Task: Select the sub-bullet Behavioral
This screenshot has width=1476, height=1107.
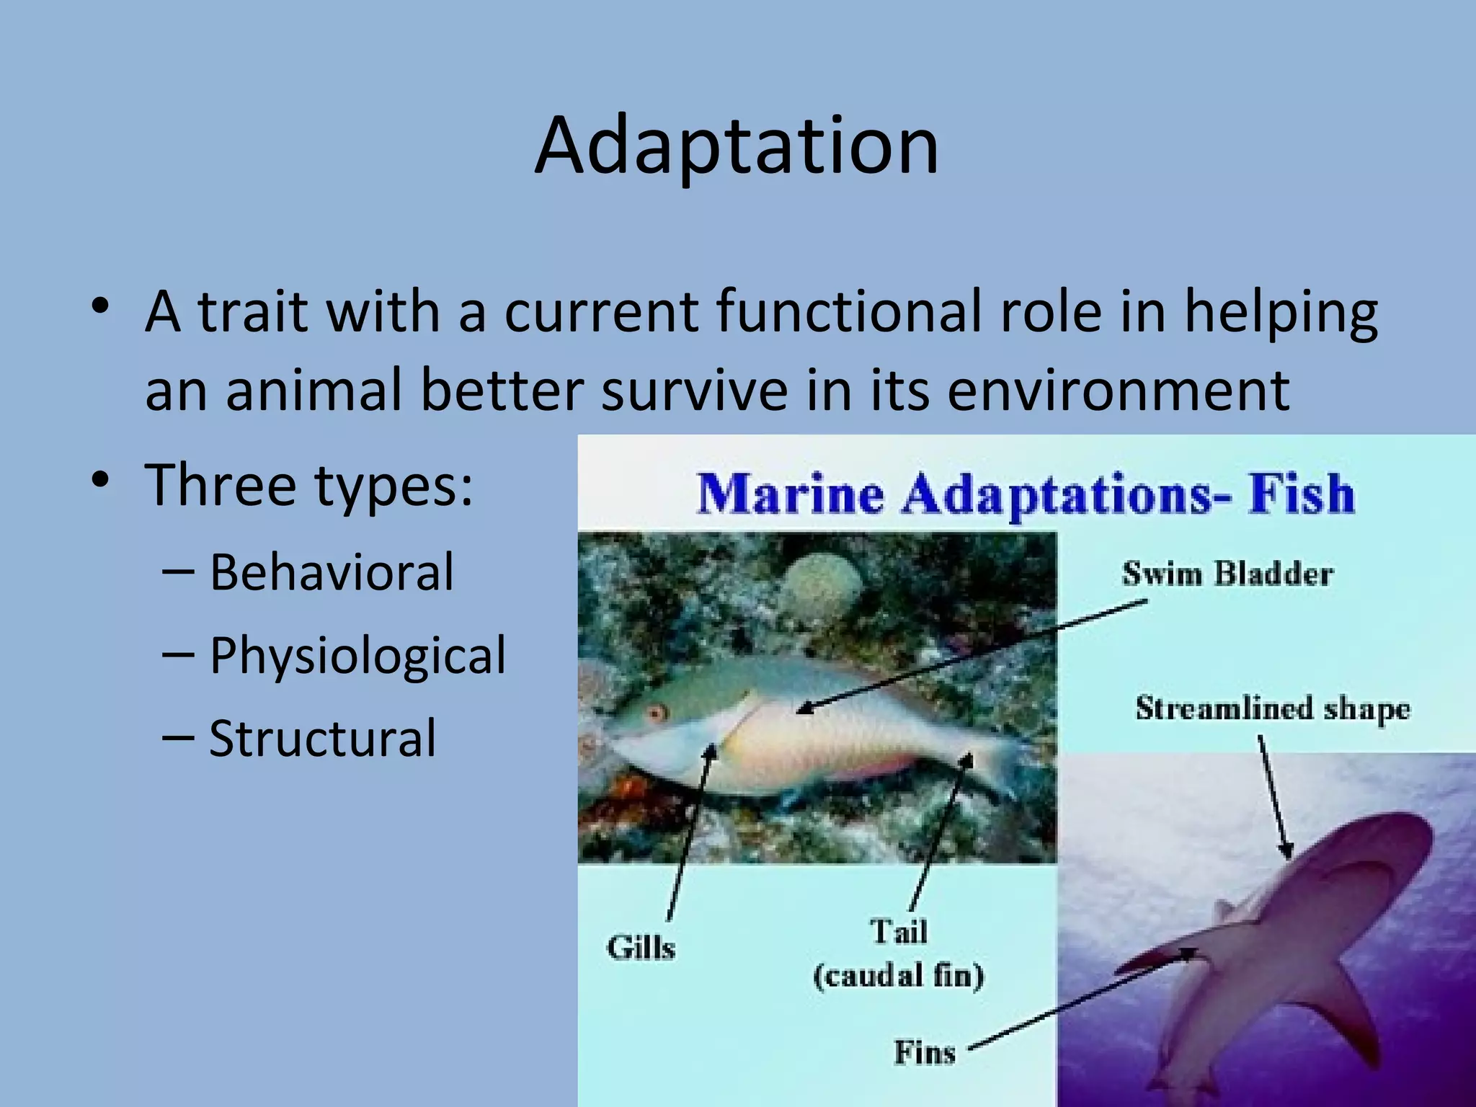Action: (x=332, y=572)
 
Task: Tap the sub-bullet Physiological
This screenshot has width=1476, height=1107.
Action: (x=357, y=655)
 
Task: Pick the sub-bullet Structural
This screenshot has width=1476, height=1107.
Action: (x=322, y=738)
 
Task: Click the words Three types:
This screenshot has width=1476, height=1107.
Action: (x=309, y=485)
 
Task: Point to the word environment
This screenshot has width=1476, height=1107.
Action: (x=1118, y=390)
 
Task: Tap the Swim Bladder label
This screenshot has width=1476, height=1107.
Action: (x=1227, y=574)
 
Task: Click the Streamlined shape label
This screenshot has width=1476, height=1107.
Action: (x=1273, y=709)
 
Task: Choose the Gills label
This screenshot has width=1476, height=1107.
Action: (x=641, y=948)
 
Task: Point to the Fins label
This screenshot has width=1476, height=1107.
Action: (x=925, y=1052)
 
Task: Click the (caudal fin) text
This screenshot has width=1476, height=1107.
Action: (x=898, y=977)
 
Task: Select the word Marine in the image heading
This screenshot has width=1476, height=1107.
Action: (x=791, y=496)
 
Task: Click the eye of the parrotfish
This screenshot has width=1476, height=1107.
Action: (x=656, y=713)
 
